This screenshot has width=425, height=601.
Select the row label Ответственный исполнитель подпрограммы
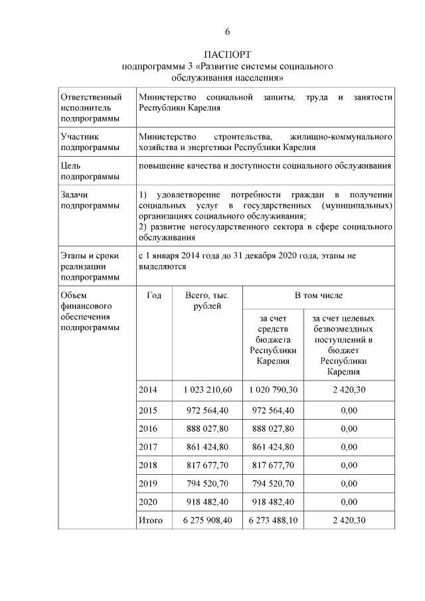(x=91, y=108)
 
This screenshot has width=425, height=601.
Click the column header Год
(x=154, y=296)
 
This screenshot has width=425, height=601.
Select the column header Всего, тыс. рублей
(x=207, y=300)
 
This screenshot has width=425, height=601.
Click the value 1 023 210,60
(x=207, y=389)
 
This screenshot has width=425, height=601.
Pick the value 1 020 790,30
(x=273, y=389)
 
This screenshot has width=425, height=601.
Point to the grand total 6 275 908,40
(x=207, y=521)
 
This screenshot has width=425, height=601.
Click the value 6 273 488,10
(x=273, y=521)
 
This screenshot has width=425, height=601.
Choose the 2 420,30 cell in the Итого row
(x=349, y=521)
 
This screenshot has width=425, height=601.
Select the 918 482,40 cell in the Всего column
(x=207, y=501)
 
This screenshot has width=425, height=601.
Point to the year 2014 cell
(x=148, y=389)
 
